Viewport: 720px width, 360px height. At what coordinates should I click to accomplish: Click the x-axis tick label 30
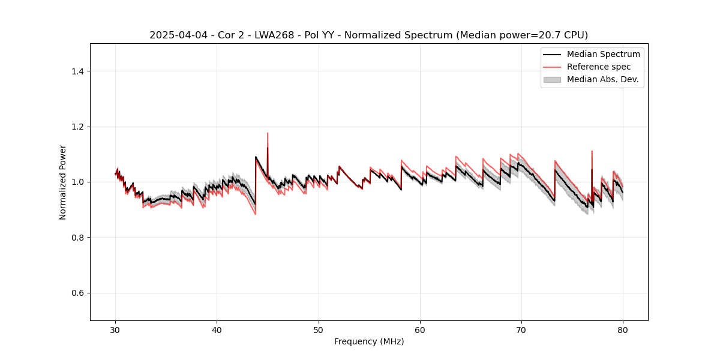(x=116, y=330)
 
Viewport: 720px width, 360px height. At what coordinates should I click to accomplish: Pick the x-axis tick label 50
(x=319, y=330)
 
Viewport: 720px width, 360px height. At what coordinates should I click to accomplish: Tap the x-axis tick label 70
(x=521, y=330)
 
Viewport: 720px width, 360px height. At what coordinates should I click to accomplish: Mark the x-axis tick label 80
(x=623, y=330)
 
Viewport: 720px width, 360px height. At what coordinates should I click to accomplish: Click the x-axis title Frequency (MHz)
(x=369, y=341)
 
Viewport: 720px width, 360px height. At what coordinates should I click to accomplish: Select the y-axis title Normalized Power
(x=63, y=182)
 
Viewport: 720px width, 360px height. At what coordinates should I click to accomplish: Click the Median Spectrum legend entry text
(x=603, y=54)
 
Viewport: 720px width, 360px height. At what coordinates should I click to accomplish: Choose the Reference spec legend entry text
(x=598, y=67)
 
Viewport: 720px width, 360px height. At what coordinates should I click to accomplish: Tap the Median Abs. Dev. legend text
(x=603, y=79)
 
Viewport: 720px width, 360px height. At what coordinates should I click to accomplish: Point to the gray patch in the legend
(x=552, y=79)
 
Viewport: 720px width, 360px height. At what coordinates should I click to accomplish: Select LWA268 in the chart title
(x=276, y=35)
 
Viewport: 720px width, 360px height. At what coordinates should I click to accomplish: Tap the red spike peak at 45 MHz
(x=268, y=133)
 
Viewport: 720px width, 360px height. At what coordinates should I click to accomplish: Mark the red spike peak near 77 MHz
(x=592, y=151)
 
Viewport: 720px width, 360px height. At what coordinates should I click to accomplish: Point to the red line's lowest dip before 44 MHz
(x=256, y=214)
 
